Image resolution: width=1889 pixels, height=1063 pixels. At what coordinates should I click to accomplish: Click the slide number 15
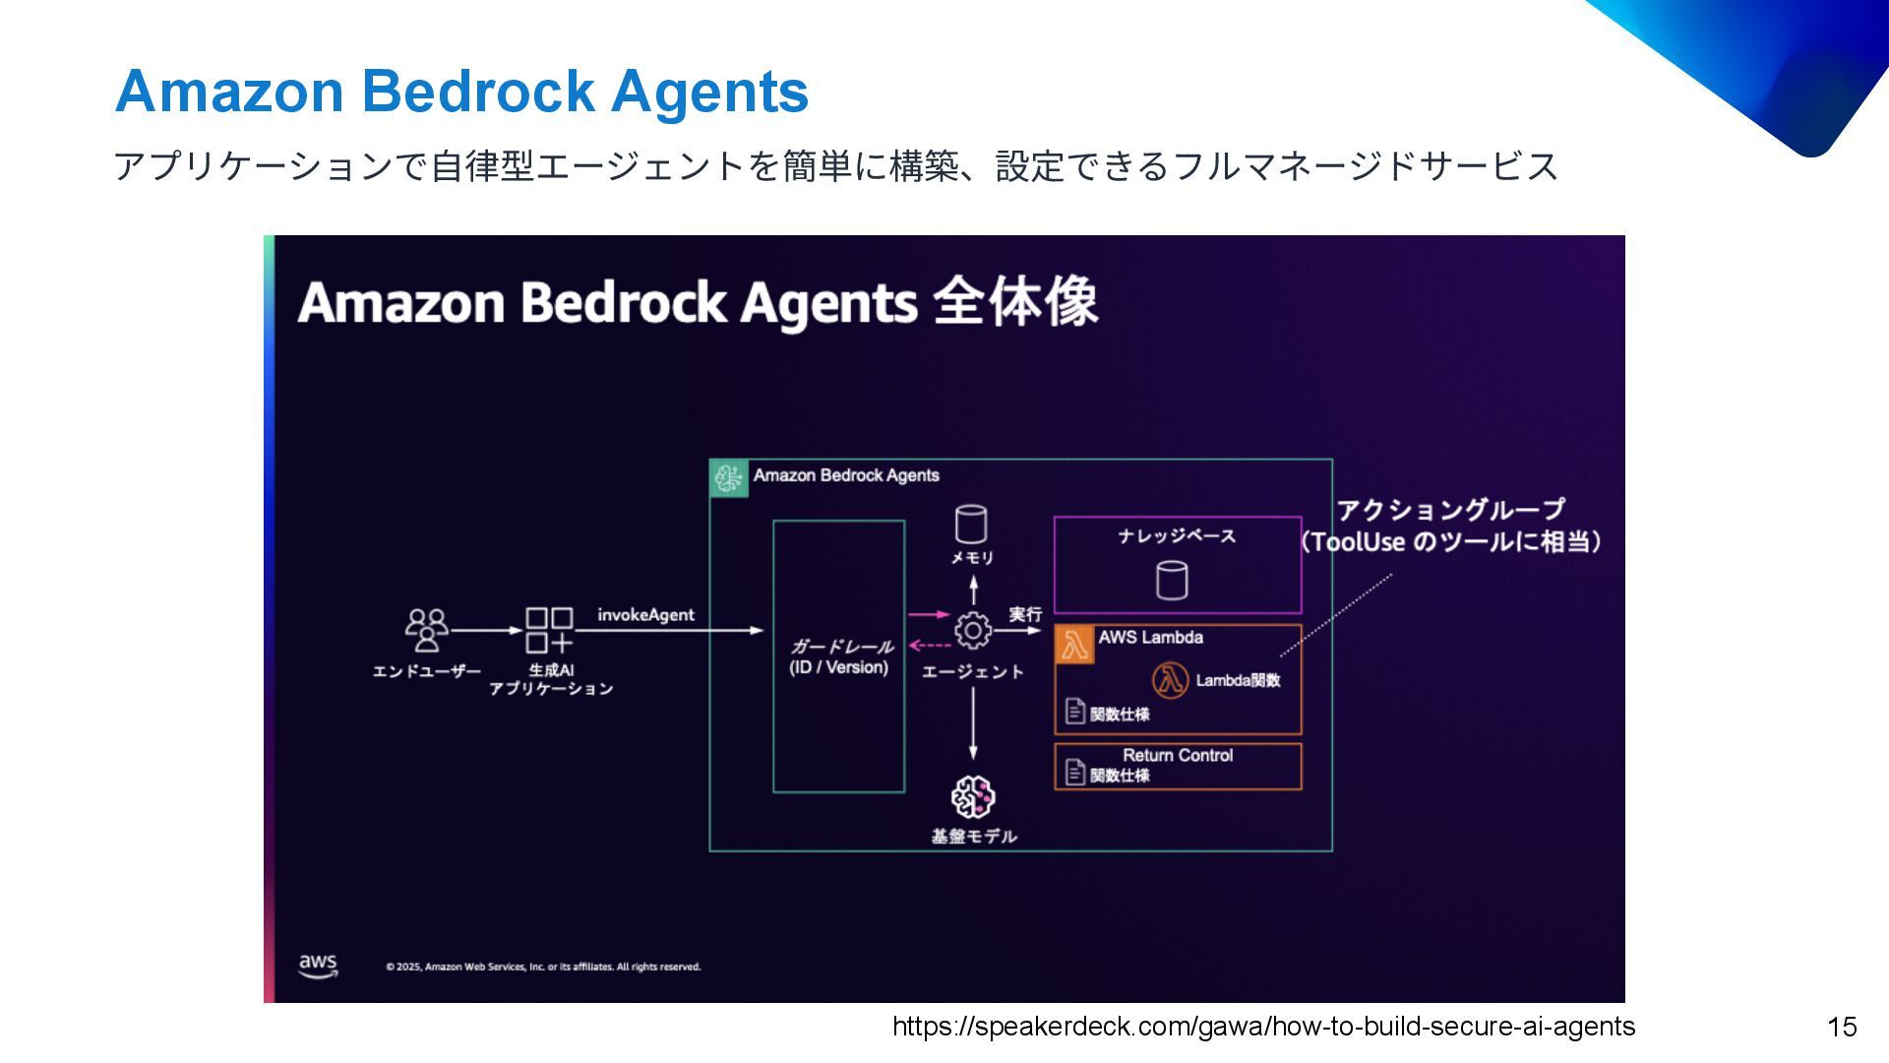(x=1841, y=1028)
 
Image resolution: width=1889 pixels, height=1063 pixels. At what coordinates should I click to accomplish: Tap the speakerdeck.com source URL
(x=1263, y=1027)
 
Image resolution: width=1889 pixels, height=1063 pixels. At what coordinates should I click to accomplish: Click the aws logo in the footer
(x=318, y=965)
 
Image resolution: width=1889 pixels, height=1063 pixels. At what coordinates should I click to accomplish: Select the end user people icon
(x=426, y=630)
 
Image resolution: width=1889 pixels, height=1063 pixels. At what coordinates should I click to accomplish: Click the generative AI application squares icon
(x=549, y=630)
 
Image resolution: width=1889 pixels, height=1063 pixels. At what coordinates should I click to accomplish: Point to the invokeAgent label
(x=645, y=615)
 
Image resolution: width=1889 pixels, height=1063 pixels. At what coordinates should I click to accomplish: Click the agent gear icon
(x=973, y=631)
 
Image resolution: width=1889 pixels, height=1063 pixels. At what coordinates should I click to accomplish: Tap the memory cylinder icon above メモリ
(x=971, y=525)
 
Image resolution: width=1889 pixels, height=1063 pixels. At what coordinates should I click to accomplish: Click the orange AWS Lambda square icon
(x=1074, y=645)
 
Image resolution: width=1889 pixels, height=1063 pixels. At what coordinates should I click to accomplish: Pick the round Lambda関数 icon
(x=1170, y=680)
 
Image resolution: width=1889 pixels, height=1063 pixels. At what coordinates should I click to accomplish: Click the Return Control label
(x=1178, y=756)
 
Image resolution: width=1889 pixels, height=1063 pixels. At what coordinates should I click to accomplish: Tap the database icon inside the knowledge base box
(x=1171, y=581)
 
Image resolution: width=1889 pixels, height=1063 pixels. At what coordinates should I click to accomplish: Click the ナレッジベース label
(x=1177, y=536)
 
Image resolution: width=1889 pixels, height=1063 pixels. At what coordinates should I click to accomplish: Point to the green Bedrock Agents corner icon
(x=729, y=478)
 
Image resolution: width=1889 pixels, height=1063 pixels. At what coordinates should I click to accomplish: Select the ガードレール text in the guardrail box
(x=842, y=647)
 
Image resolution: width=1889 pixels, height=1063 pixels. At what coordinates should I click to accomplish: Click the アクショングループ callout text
(x=1450, y=510)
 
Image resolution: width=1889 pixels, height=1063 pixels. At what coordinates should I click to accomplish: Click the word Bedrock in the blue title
(x=477, y=92)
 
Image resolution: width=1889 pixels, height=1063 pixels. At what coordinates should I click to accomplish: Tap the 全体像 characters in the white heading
(x=1014, y=301)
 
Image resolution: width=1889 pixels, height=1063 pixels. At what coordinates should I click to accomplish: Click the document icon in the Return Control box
(x=1075, y=774)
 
